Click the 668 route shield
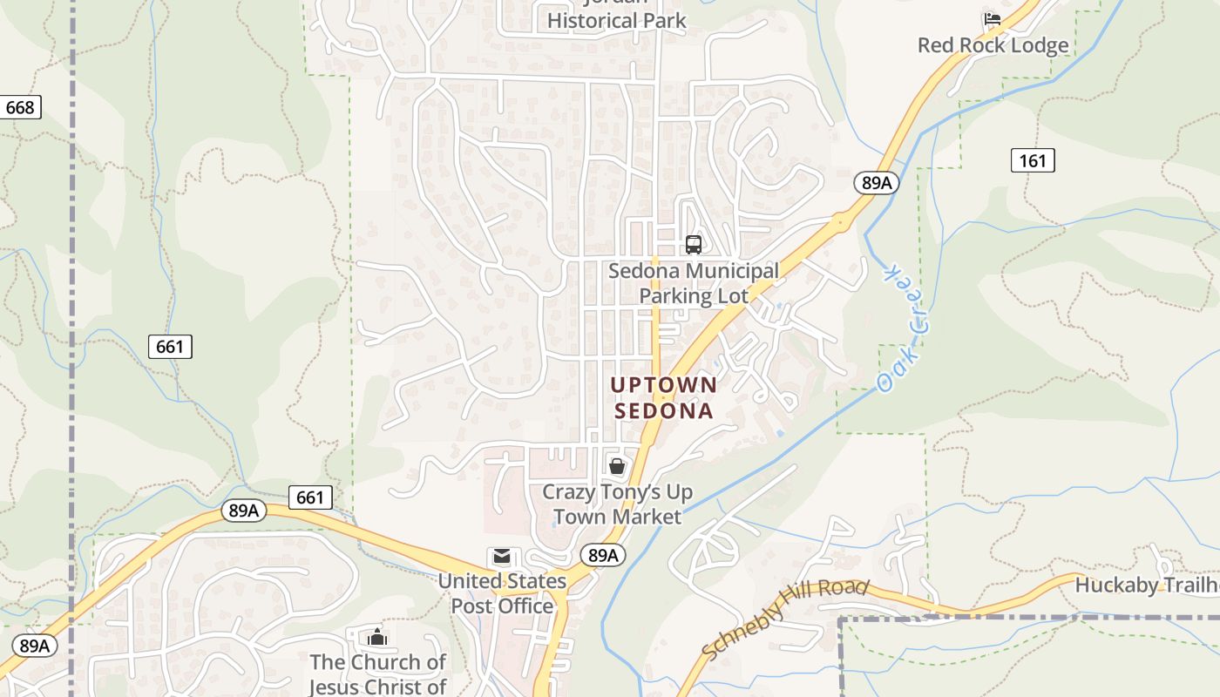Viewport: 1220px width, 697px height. coord(20,107)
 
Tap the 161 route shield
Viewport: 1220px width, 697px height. coord(1033,160)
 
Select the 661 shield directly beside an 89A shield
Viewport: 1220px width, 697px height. coord(309,498)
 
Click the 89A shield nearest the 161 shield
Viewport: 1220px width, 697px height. coord(876,182)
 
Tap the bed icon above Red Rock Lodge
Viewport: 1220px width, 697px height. coord(992,19)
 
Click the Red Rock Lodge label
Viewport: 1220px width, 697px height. coord(993,45)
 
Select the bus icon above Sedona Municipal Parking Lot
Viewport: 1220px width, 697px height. coord(694,245)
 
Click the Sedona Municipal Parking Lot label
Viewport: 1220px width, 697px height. coord(694,283)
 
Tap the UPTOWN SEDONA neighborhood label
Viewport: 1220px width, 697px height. coord(664,397)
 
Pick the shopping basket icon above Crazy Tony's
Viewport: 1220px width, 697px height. coord(617,466)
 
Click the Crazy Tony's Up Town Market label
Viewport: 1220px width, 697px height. coord(617,504)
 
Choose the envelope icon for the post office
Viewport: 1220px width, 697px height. coord(502,557)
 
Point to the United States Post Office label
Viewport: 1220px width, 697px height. coord(502,593)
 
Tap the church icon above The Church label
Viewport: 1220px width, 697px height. coord(377,638)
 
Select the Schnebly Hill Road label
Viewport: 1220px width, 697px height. coord(784,619)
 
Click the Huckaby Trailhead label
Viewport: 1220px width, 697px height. coord(1146,585)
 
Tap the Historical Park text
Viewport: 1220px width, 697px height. coord(617,19)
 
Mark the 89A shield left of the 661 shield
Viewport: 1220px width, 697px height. coord(244,511)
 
